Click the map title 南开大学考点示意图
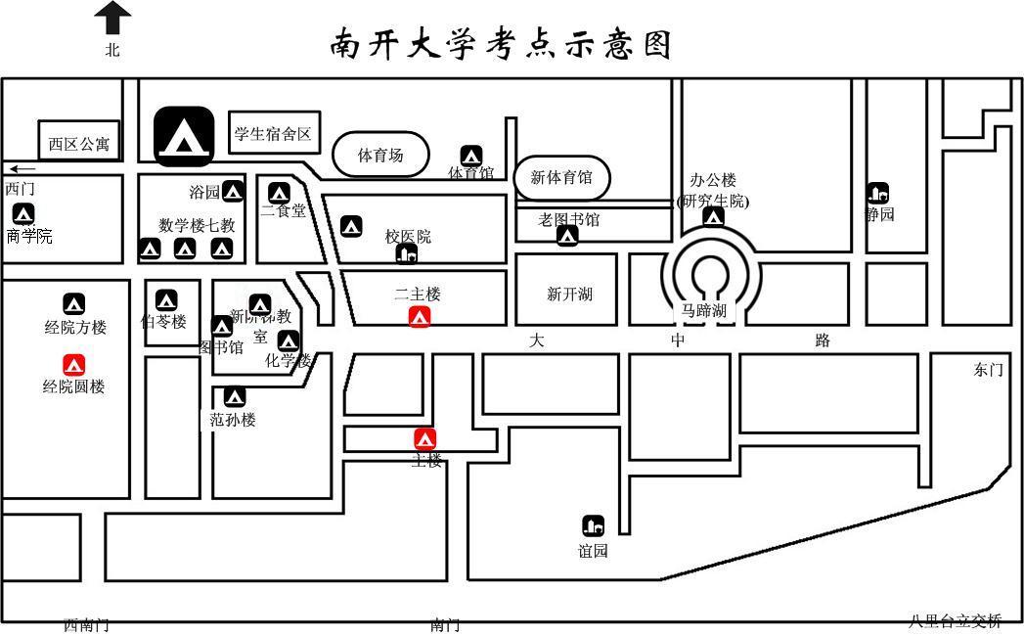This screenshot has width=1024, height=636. (501, 43)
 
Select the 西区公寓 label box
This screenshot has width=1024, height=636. (79, 144)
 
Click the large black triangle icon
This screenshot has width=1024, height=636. (183, 135)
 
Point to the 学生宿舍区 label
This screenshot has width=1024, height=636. (274, 133)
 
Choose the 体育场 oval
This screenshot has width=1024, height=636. (380, 155)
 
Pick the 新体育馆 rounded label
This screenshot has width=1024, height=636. (561, 177)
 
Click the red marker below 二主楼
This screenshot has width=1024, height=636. (420, 317)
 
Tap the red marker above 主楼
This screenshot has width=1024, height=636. (424, 438)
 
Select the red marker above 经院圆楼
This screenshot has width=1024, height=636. (74, 365)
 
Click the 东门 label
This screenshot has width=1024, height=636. (988, 370)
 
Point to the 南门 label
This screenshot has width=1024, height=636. (445, 625)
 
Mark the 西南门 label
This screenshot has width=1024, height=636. (86, 625)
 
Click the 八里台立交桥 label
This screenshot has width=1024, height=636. (955, 621)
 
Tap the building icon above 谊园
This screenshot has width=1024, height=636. (593, 525)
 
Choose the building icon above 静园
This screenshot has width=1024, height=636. (877, 193)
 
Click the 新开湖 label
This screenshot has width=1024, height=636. (569, 295)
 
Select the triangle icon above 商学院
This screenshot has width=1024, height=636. (22, 214)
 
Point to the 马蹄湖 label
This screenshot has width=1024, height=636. (704, 312)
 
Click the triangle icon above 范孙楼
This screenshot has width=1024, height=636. (234, 397)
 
